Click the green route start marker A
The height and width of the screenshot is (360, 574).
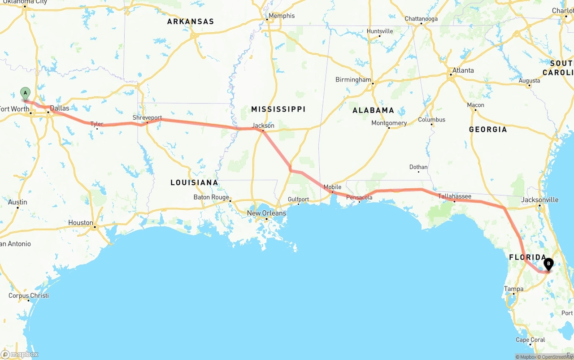26,93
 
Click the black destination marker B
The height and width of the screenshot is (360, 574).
548,264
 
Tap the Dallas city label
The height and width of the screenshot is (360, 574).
60,108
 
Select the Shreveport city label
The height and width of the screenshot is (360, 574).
147,117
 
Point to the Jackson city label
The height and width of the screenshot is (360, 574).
263,126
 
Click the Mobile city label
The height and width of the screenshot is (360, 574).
332,187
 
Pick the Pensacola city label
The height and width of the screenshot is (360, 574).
359,197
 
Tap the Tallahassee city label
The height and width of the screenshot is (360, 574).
454,196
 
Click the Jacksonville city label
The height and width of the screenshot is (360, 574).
540,200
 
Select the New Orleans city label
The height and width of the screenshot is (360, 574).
266,213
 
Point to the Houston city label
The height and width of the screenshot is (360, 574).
81,222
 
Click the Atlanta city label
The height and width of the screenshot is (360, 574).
463,70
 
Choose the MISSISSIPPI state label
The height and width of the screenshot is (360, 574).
278,109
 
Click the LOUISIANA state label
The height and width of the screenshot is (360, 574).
194,182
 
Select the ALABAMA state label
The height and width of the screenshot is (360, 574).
373,110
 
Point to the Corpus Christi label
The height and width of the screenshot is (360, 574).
29,295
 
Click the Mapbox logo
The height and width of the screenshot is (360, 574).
20,354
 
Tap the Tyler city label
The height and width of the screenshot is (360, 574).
96,124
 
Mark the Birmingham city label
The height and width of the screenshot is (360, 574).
353,80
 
